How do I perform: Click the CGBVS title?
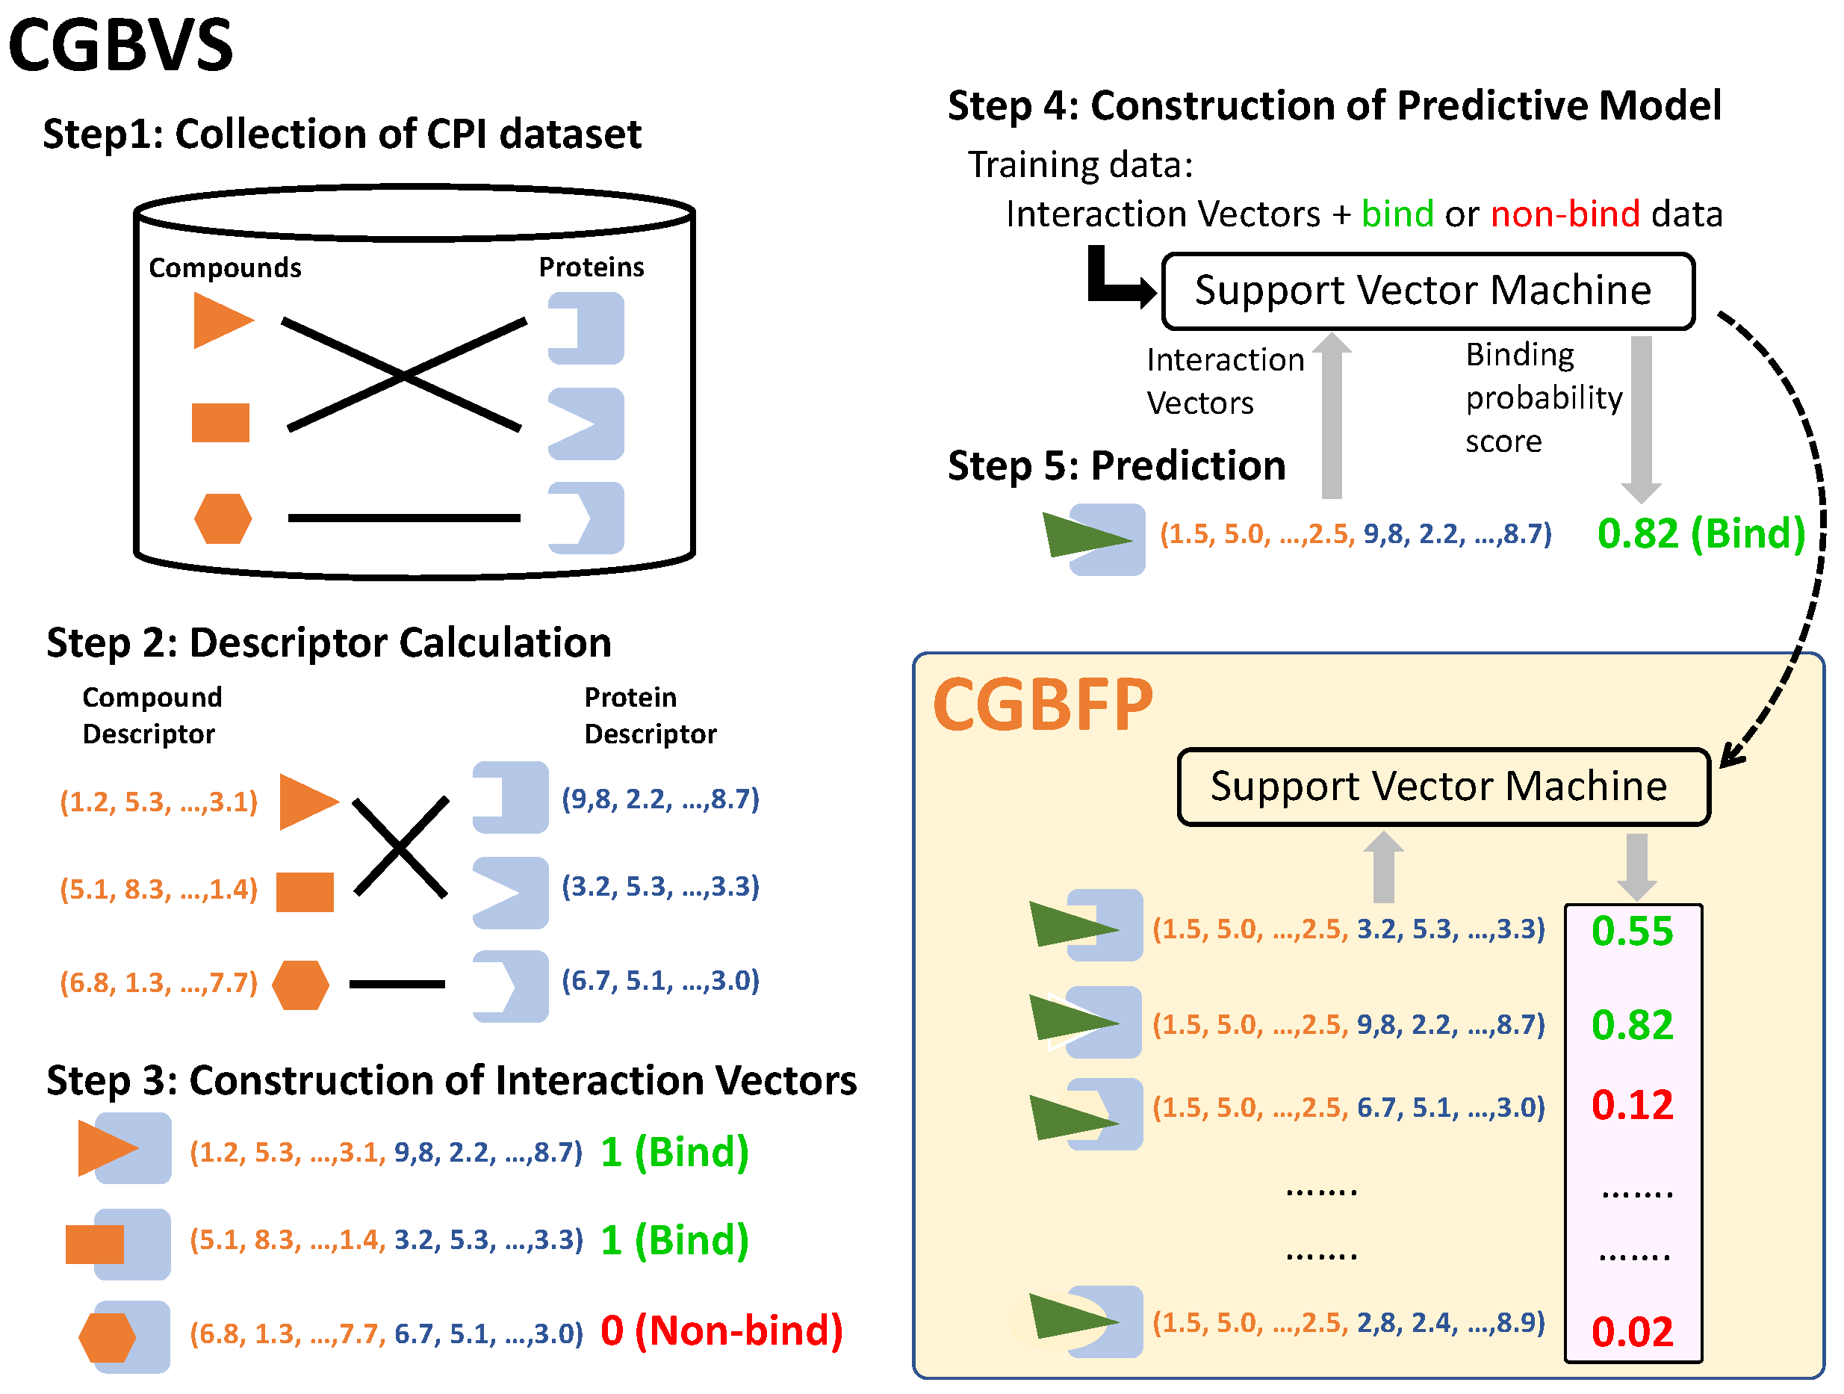click(121, 46)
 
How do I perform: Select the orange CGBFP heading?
click(1042, 705)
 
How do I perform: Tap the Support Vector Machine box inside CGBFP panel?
click(1443, 786)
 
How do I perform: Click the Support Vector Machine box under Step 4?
click(1427, 291)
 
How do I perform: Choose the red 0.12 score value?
click(1631, 1105)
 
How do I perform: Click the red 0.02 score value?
click(1631, 1331)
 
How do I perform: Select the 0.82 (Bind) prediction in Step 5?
click(1701, 533)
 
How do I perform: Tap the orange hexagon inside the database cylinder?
click(223, 518)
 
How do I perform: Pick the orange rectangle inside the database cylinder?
click(220, 423)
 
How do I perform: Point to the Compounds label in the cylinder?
click(225, 267)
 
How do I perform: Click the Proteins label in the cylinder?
click(591, 267)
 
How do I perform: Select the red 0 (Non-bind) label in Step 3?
click(721, 1331)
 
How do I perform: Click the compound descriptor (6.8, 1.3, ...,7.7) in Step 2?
click(158, 983)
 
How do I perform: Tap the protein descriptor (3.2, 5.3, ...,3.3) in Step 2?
click(660, 886)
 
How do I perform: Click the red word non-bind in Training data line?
click(1565, 214)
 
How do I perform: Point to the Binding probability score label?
click(1542, 397)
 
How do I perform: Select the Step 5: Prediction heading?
click(1117, 465)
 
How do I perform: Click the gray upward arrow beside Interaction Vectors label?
click(1332, 417)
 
